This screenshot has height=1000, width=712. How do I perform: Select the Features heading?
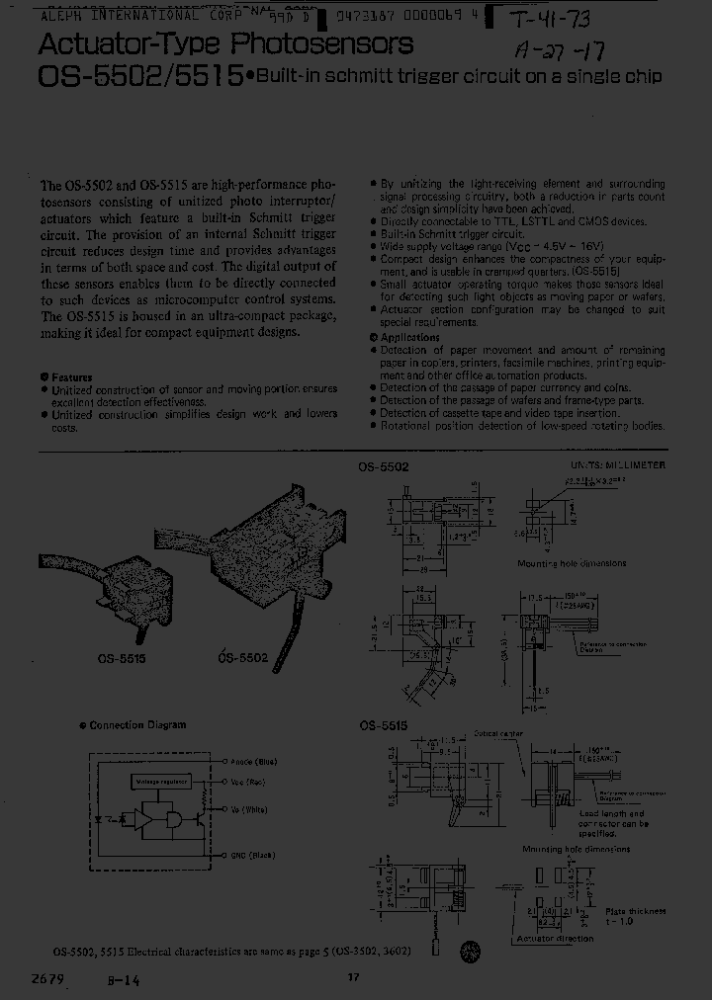(x=70, y=376)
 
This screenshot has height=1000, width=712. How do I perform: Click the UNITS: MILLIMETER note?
(x=617, y=464)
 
